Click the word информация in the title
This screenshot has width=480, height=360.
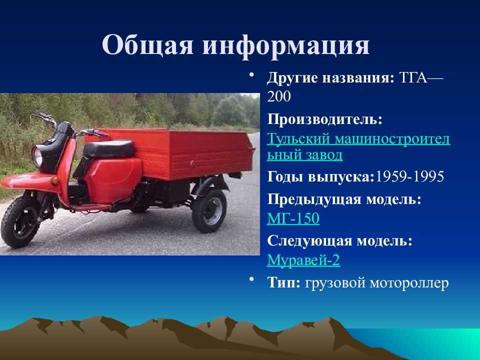click(x=286, y=46)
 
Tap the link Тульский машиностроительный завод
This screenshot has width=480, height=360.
click(x=358, y=147)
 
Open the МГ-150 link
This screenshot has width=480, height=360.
click(x=293, y=218)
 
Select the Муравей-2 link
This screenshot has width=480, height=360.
click(x=303, y=260)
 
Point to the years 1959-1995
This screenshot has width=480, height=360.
click(x=409, y=176)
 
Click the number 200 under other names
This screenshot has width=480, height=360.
click(x=278, y=96)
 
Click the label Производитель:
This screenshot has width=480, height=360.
click(x=325, y=119)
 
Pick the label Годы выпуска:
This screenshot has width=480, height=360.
click(x=321, y=177)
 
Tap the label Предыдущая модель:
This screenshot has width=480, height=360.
click(x=344, y=199)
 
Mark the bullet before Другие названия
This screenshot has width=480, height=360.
click(x=251, y=74)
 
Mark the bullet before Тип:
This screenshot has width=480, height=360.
click(x=251, y=279)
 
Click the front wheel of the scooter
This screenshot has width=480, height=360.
click(x=21, y=221)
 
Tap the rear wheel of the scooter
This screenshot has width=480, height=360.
click(x=209, y=210)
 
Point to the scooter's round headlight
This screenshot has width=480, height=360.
click(x=37, y=156)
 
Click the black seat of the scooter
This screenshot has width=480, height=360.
click(x=109, y=149)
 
